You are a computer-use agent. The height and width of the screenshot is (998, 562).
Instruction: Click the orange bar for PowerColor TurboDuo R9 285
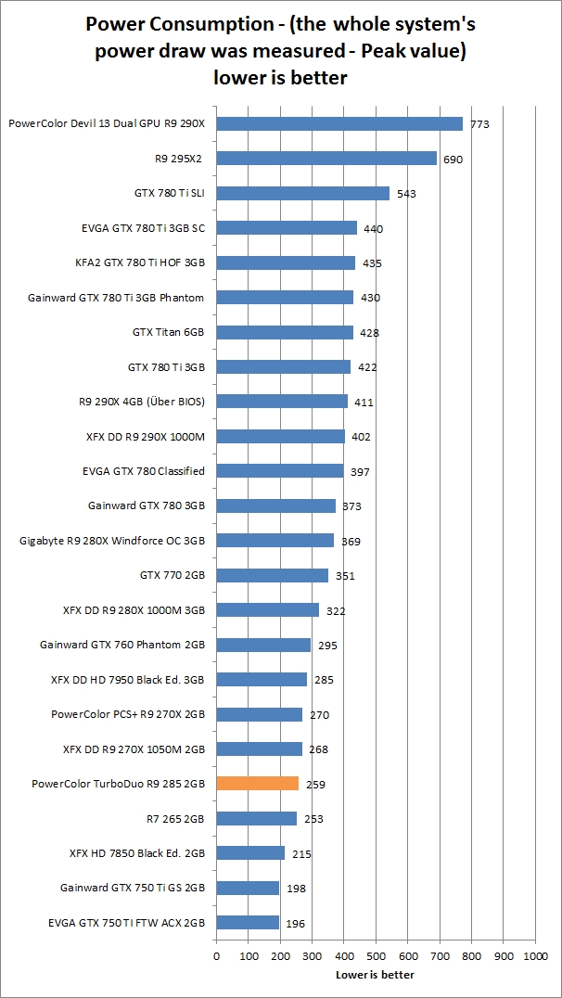[x=257, y=784]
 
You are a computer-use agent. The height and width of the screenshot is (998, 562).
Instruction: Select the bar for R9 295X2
[x=326, y=159]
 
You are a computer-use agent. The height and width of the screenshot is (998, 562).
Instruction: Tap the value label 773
[x=479, y=124]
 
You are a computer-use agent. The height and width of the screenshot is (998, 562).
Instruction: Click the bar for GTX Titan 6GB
[x=284, y=332]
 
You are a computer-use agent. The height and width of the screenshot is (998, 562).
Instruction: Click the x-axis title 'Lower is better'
[x=375, y=975]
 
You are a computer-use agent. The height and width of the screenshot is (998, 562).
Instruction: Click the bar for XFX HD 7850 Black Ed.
[x=250, y=853]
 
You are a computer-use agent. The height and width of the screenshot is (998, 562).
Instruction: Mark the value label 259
[x=316, y=785]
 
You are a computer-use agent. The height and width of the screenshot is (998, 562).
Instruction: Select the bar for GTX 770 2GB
[x=272, y=575]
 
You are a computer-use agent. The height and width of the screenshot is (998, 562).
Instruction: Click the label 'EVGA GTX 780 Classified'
[x=143, y=471]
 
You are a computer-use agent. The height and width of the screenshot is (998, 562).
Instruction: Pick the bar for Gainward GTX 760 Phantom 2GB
[x=263, y=645]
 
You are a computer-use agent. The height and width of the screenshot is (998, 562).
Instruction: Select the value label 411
[x=364, y=403]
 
